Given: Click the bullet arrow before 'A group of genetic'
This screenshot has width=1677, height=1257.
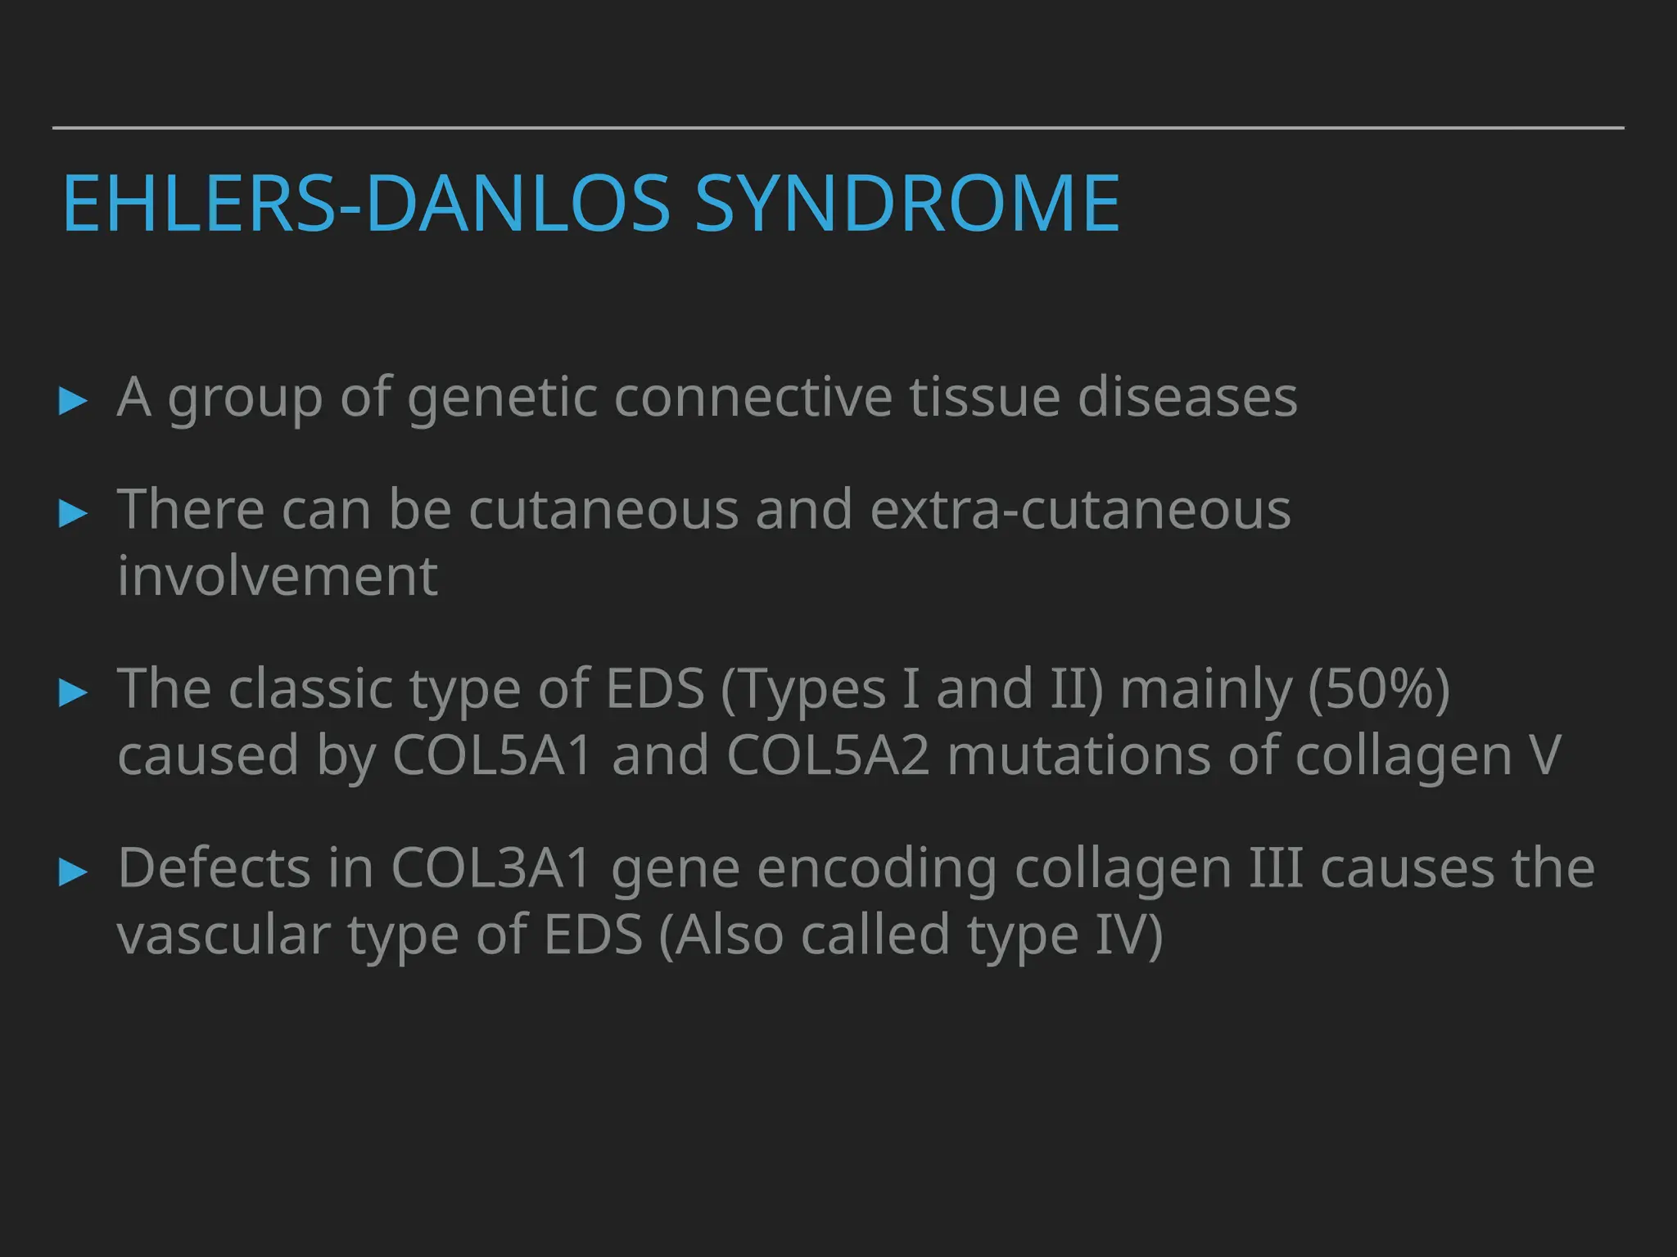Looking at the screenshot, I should point(74,401).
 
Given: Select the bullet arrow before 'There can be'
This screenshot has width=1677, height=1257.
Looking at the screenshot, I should point(74,513).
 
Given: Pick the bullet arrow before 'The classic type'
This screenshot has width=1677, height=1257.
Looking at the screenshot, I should point(74,692).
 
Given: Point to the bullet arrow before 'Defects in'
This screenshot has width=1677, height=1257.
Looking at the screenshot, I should point(74,872).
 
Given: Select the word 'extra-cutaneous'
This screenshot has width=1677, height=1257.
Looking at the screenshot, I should point(1080,510).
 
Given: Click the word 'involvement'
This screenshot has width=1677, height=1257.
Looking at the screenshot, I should point(278,576).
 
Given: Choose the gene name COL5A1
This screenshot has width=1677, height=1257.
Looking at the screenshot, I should point(491,755).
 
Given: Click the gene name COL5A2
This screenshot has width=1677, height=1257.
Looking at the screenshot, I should point(828,755).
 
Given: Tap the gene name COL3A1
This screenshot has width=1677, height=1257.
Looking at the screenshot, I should point(491,867).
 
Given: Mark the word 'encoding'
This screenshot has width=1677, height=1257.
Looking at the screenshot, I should point(876,869).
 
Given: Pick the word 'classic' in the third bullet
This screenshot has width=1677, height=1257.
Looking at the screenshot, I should point(310,689).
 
